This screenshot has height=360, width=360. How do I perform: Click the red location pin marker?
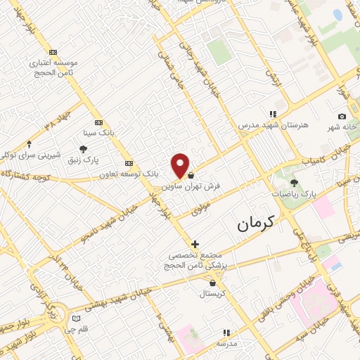181,165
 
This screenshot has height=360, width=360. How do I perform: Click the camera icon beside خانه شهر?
342,116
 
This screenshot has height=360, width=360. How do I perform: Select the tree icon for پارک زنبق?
84,149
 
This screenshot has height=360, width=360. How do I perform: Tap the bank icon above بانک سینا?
98,121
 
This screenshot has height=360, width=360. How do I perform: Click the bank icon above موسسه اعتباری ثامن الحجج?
53,52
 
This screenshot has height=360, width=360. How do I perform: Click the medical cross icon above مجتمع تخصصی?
195,244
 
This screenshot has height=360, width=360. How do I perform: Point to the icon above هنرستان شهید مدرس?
273,113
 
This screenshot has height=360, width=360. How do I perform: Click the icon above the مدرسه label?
226,332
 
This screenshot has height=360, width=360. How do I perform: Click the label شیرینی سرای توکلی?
31,154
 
